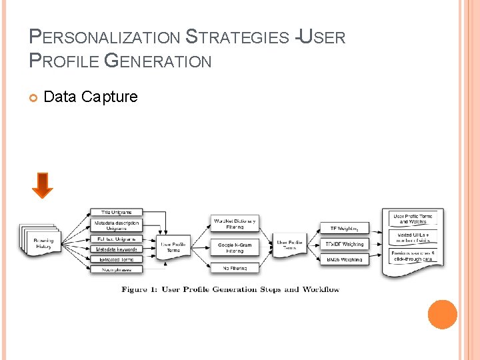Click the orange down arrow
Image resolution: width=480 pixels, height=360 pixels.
[x=42, y=185]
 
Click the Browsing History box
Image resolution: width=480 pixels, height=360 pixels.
[x=44, y=243]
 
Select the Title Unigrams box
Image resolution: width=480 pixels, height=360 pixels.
[x=116, y=213]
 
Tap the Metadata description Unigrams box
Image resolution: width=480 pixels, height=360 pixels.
[x=116, y=225]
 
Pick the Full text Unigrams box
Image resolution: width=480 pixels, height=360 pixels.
[x=116, y=239]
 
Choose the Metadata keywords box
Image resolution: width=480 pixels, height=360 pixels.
[x=116, y=249]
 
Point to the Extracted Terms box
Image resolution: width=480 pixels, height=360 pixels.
[x=116, y=259]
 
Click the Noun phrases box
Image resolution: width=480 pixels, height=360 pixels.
[x=116, y=269]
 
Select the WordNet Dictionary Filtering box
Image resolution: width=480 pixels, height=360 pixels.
[x=235, y=223]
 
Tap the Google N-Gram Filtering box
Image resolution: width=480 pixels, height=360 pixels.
[x=235, y=247]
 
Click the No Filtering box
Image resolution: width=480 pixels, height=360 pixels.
[x=235, y=268]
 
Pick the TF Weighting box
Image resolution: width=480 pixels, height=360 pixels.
[x=344, y=228]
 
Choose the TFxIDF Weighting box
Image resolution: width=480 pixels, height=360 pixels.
[x=344, y=244]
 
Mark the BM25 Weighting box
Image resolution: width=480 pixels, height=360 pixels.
[x=344, y=259]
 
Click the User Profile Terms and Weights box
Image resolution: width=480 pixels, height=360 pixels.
[x=413, y=219]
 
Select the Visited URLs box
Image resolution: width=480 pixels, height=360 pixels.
[x=413, y=238]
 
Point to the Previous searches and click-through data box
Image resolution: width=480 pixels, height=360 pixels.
[x=413, y=257]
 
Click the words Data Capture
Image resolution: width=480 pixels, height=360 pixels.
[x=90, y=97]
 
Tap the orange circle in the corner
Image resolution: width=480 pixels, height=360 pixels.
[x=442, y=314]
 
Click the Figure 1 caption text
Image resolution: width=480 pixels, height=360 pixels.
[x=230, y=289]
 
